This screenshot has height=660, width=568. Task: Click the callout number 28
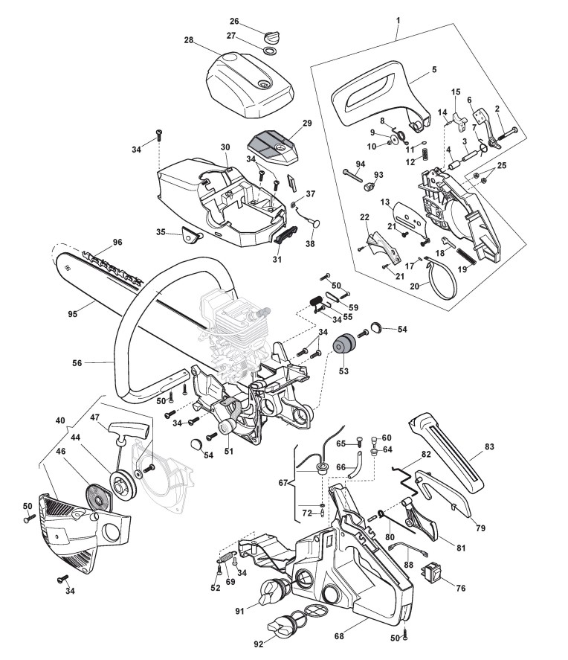[189, 39]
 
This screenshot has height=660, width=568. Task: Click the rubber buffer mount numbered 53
[343, 347]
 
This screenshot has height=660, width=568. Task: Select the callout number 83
[488, 447]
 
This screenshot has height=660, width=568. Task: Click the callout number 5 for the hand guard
[433, 71]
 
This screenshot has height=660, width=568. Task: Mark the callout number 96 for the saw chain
[117, 242]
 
